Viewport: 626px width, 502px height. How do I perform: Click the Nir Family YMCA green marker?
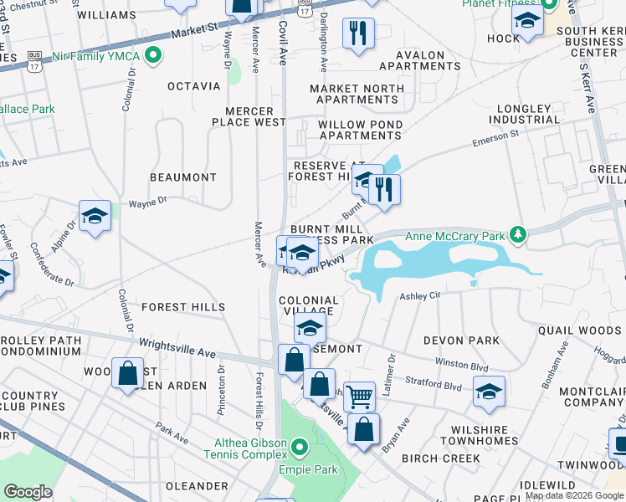tap(152, 56)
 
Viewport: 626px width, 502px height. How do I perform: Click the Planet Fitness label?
tap(500, 3)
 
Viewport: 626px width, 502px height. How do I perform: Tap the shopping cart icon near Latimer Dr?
tap(359, 397)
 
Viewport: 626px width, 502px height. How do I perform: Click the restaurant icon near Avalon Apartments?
tap(359, 33)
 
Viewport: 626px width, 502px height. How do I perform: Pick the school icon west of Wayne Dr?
tap(95, 217)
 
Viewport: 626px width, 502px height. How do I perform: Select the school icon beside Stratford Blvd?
tap(489, 392)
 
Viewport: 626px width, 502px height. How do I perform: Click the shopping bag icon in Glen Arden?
tap(128, 374)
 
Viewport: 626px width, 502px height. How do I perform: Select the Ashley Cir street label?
tap(419, 296)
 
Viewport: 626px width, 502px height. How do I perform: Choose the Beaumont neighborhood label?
tap(182, 177)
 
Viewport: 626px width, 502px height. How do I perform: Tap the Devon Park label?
tap(461, 341)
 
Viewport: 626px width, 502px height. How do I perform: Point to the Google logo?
tap(28, 492)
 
